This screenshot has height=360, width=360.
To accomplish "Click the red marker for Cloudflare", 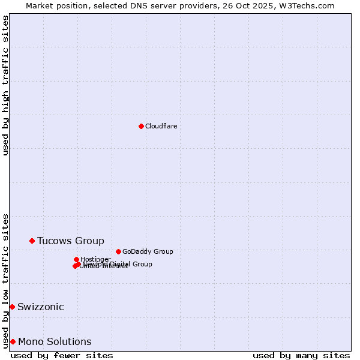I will point(141,126).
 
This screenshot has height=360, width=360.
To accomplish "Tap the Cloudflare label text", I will point(161,126).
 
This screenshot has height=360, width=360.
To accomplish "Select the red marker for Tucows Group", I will point(32,241).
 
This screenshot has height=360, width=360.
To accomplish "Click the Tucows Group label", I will point(70,241).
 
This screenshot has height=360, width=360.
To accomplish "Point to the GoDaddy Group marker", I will point(118,251).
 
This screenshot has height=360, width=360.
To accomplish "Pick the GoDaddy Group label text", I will point(148,251).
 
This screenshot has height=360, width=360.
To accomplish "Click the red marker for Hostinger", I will point(76,259).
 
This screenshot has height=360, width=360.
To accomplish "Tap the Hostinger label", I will point(95,259).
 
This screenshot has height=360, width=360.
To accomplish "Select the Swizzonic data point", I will point(12,307).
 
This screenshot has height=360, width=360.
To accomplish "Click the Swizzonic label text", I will point(40,307).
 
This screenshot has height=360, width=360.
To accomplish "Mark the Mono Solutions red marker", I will point(13,341).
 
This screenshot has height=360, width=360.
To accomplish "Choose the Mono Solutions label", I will point(55,342).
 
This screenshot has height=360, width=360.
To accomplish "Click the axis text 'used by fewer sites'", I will point(62,355).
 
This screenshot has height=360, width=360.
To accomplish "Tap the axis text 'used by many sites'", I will point(301,355).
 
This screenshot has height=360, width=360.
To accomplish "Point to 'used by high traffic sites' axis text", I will point(6,85).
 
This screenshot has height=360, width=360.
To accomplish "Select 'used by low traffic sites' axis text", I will point(6,280).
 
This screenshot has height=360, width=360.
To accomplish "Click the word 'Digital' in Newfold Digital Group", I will point(119,264).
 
